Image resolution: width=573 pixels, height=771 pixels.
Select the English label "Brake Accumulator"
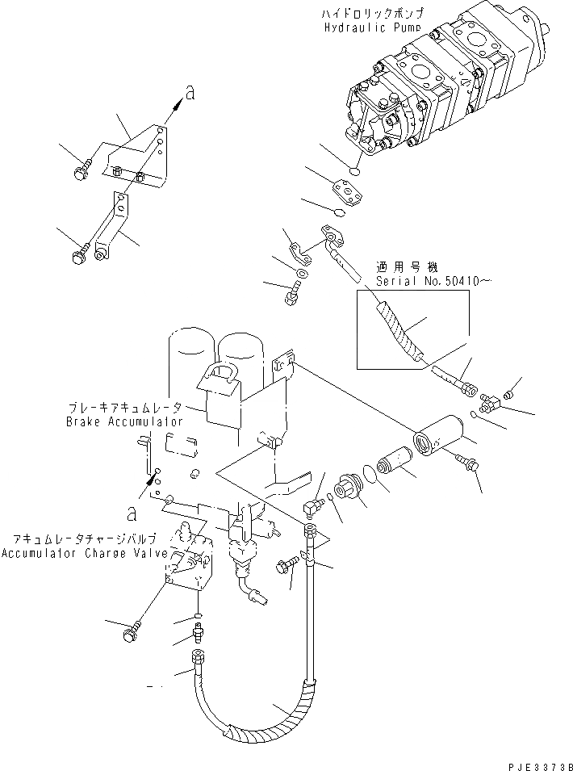coord(123,421)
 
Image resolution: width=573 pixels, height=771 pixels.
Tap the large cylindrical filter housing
coord(439,435)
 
